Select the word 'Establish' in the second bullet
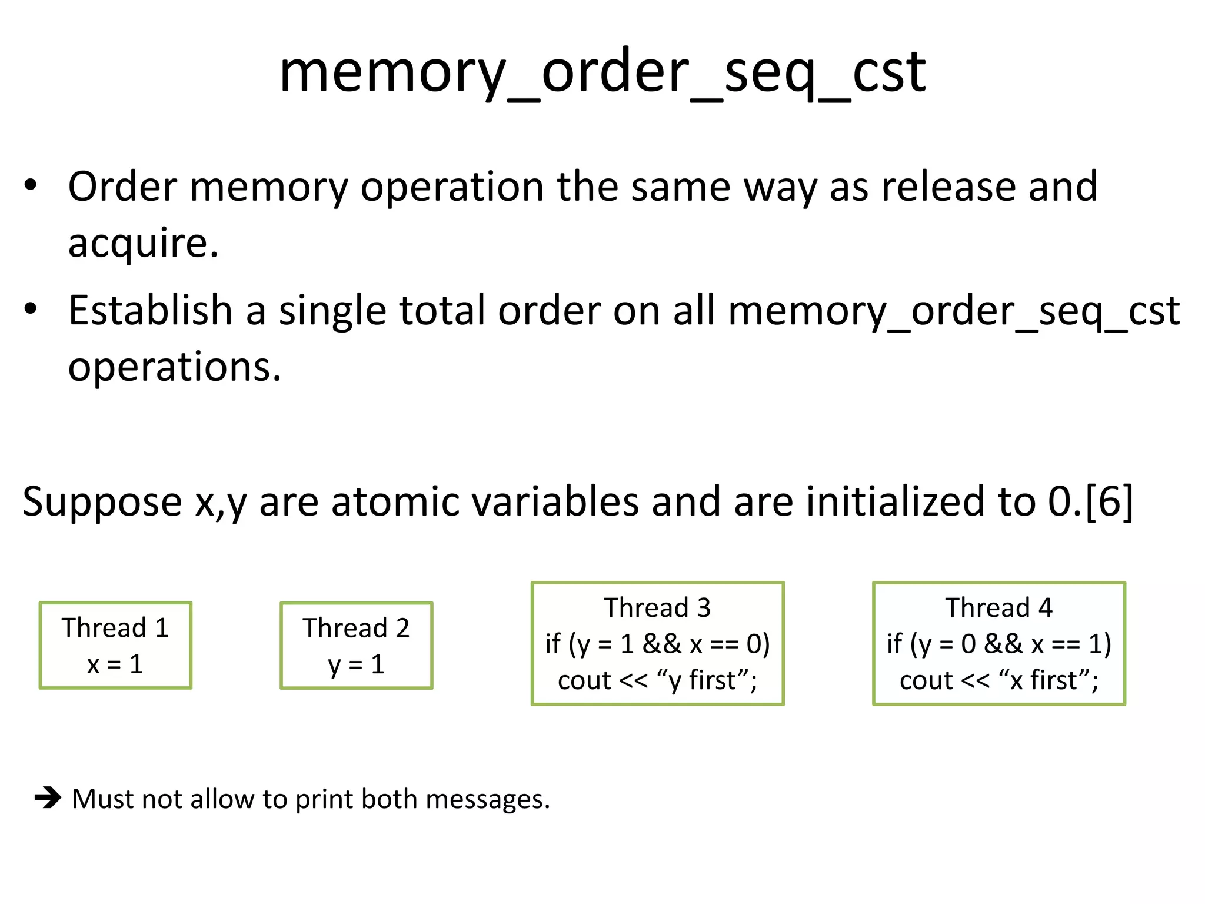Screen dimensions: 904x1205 tap(151, 310)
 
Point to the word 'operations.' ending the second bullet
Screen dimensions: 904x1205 tap(175, 367)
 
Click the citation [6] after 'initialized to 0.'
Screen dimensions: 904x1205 tap(1109, 501)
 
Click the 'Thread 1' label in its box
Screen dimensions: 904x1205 tap(115, 627)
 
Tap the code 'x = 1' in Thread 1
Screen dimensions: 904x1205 tap(115, 664)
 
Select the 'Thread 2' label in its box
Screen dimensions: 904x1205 tap(356, 628)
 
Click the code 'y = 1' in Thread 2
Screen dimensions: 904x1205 tap(356, 664)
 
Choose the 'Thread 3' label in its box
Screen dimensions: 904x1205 tap(657, 607)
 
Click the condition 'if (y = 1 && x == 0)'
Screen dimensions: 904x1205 tap(657, 644)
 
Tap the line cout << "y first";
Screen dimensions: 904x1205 tap(657, 680)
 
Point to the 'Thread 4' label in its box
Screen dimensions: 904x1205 tap(998, 607)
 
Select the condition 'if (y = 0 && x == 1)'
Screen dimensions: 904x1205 tap(998, 644)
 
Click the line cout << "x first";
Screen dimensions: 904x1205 tap(998, 680)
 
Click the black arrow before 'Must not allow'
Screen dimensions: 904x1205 tap(48, 799)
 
